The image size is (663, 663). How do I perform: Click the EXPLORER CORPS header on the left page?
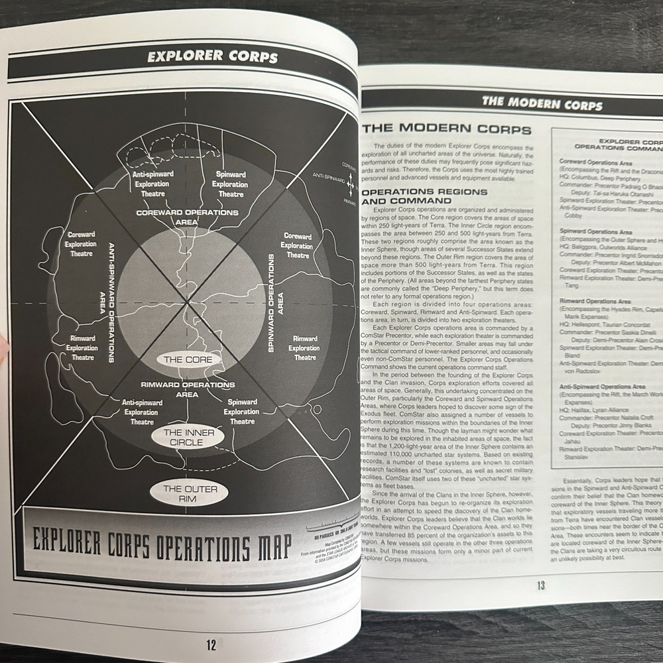pyautogui.click(x=212, y=57)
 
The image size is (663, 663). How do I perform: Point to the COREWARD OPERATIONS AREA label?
pyautogui.click(x=187, y=217)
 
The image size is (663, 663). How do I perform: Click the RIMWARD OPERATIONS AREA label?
pyautogui.click(x=187, y=389)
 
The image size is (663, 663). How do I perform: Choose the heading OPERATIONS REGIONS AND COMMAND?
pyautogui.click(x=426, y=196)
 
